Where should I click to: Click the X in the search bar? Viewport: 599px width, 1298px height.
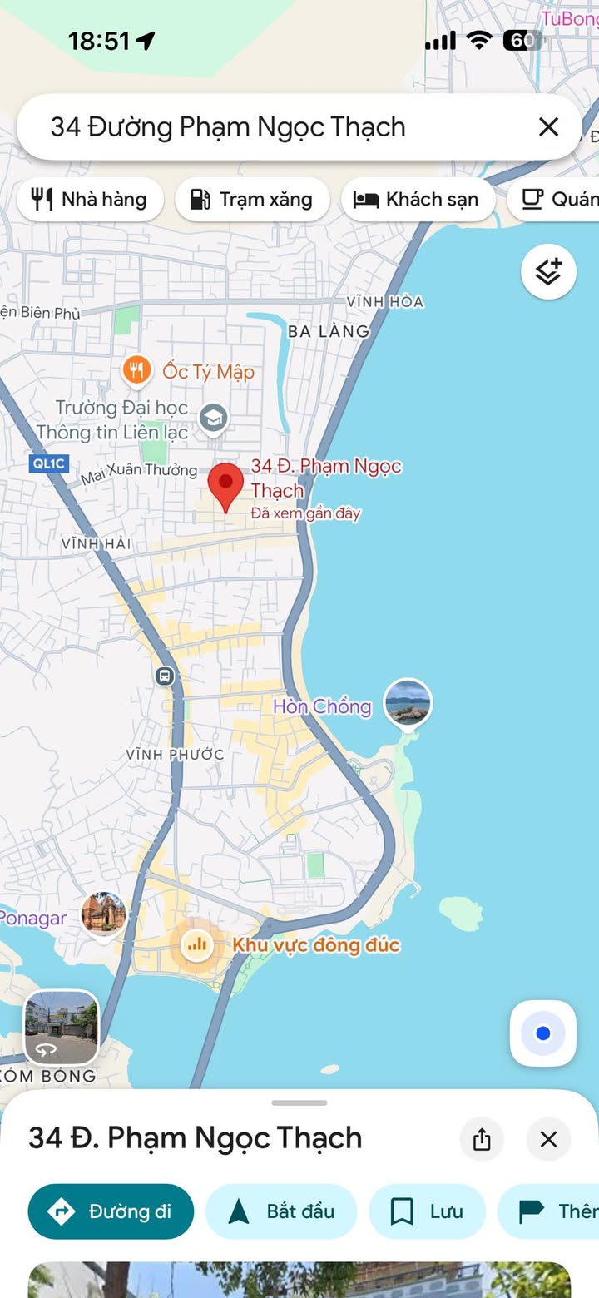pos(548,126)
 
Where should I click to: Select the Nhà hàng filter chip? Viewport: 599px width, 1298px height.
pos(90,200)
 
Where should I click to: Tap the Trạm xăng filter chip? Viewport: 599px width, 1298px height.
pos(252,200)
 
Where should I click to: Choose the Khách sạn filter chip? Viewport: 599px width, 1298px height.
pos(417,200)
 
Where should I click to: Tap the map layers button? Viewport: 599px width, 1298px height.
pos(548,271)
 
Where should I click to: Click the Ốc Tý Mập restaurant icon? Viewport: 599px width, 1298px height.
pos(136,371)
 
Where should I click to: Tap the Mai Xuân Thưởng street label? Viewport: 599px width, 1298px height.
pos(138,473)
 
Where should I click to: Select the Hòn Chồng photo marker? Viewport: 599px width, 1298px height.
pos(408,702)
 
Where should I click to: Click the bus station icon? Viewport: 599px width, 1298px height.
pos(165,676)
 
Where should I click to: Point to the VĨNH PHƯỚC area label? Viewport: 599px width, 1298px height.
pos(175,755)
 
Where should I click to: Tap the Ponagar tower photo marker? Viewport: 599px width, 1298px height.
pos(104,913)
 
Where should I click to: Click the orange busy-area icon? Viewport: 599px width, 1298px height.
pos(197,944)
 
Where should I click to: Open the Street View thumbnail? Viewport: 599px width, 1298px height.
pos(61,1028)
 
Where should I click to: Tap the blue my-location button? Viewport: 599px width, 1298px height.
pos(543,1033)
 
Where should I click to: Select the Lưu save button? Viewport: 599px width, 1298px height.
pos(428,1211)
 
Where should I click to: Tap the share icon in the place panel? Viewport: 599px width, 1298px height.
pos(482,1139)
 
